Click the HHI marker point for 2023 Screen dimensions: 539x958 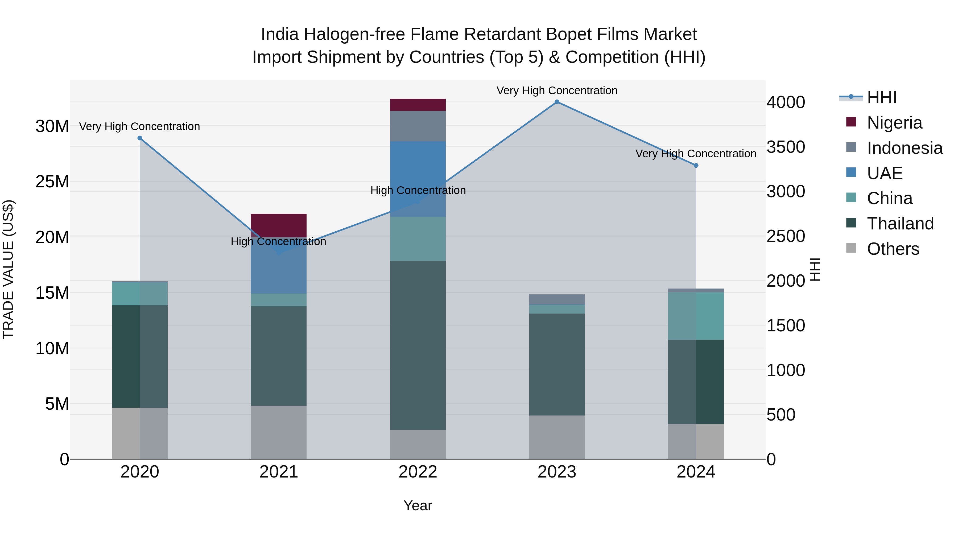click(557, 102)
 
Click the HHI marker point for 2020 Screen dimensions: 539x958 click(140, 138)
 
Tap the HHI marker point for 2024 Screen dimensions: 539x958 click(696, 166)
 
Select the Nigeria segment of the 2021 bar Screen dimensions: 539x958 click(279, 225)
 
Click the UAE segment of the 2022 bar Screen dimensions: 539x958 click(418, 179)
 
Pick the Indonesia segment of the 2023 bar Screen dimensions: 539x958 click(557, 299)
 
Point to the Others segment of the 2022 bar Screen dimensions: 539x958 click(418, 444)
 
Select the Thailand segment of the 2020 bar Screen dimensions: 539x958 click(140, 356)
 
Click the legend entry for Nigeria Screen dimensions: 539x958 click(894, 123)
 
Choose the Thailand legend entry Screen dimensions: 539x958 click(900, 224)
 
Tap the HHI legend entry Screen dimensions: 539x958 click(881, 97)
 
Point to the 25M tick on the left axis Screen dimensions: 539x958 click(52, 182)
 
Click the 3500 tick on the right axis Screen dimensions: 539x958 click(786, 147)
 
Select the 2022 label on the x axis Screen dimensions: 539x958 click(418, 472)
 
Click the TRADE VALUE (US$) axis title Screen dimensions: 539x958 click(8, 269)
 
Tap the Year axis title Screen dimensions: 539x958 click(418, 505)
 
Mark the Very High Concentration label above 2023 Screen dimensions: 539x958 click(557, 90)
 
